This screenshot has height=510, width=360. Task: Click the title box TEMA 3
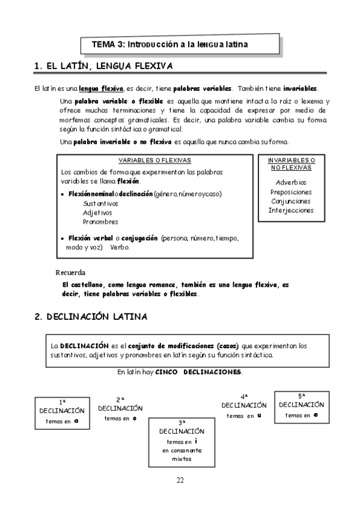180,45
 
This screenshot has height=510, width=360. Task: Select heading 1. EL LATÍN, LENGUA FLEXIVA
104,66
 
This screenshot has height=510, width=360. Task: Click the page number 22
180,479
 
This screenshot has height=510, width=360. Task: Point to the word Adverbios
291,182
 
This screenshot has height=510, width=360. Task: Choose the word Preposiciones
291,192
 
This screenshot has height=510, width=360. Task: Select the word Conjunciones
291,201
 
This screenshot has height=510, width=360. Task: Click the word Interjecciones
291,211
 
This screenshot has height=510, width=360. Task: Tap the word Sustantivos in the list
101,203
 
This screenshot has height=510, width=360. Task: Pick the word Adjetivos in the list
97,212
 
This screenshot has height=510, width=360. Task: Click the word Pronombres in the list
100,221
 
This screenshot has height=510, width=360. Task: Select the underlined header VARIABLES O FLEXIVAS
154,161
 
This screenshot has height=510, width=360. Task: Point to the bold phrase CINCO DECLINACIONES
198,372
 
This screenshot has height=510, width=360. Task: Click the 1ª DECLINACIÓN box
62,413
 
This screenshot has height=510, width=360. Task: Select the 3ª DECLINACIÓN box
182,441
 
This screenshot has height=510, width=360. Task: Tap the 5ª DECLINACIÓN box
302,405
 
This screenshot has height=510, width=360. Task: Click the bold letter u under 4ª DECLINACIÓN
259,415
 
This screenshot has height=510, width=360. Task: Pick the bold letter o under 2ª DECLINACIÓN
134,417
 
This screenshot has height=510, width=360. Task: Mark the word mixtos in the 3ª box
182,459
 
